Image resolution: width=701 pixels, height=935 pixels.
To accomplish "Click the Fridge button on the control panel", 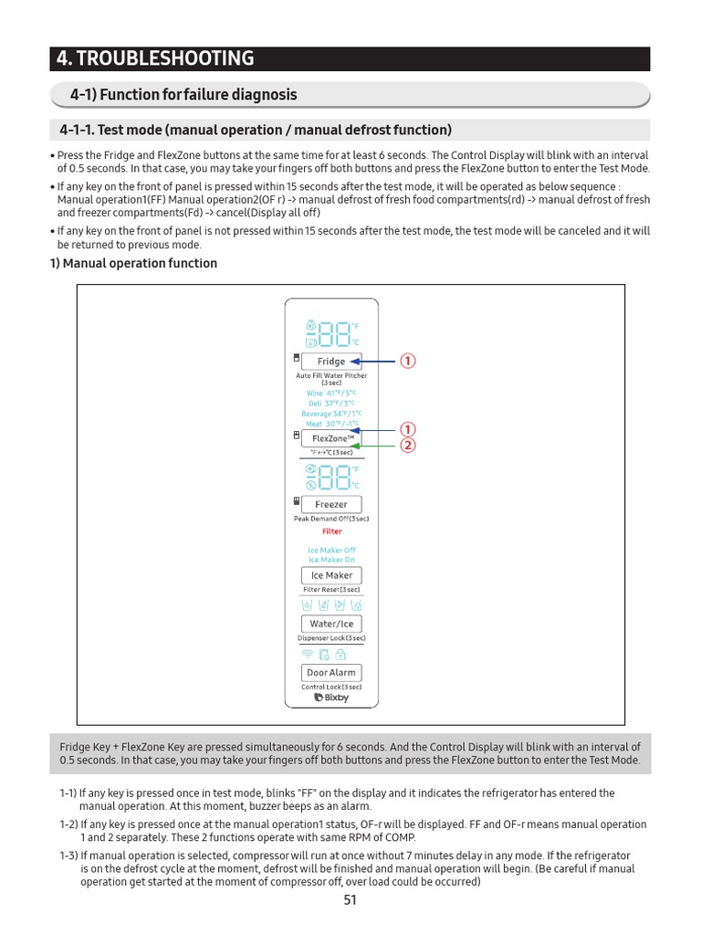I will (331, 361).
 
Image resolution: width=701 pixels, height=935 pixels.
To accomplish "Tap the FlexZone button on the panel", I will (331, 438).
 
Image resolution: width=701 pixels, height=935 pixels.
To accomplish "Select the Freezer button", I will (331, 504).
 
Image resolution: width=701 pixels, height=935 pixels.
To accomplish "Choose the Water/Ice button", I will (331, 624).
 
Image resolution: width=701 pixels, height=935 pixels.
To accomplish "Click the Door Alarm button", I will (331, 672).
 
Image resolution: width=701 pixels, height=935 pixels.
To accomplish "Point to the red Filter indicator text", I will (331, 531).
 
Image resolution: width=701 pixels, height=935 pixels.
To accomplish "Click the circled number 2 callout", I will (408, 446).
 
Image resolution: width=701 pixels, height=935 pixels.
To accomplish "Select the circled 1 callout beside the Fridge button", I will (408, 361).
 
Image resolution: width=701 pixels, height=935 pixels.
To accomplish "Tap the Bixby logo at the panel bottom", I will (331, 698).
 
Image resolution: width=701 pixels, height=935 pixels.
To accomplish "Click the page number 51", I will (350, 900).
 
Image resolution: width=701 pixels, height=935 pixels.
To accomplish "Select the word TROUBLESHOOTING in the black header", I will (165, 59).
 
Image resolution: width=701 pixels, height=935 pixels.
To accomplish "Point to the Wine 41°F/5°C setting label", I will (330, 393).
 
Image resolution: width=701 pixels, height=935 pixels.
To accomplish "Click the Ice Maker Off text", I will (331, 551).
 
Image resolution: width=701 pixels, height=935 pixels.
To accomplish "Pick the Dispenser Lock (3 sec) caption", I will (331, 638).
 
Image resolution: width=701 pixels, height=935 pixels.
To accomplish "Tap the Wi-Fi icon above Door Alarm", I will (307, 655).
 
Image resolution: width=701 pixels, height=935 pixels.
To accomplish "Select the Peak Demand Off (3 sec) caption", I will (331, 519).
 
